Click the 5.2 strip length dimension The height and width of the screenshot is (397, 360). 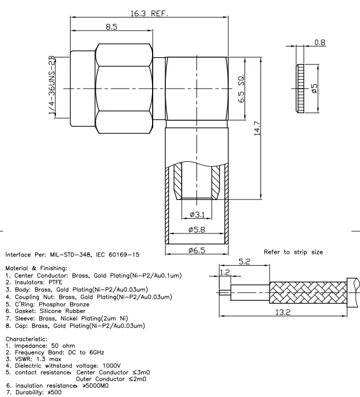(245, 262)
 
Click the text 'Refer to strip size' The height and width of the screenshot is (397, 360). (294, 252)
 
